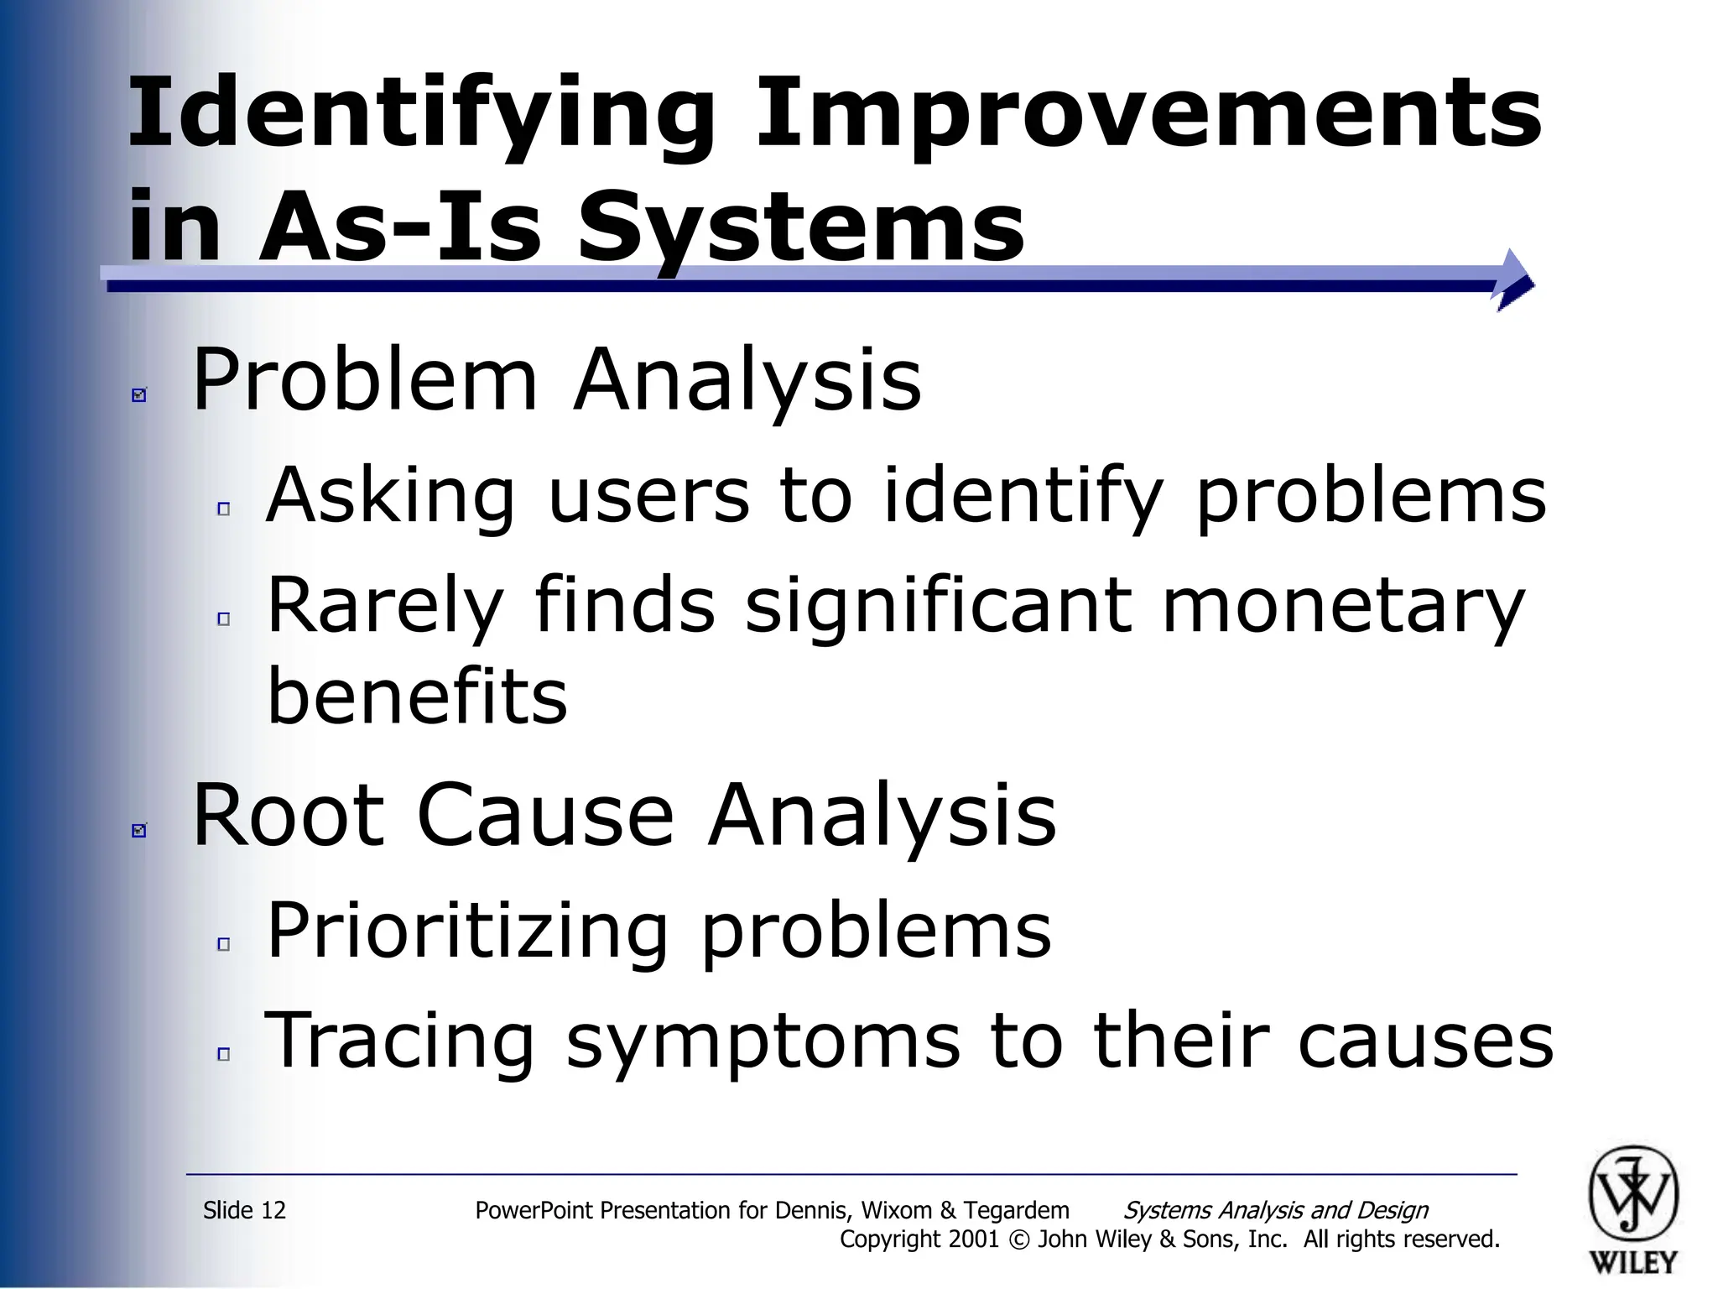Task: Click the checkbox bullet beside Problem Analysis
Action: [139, 394]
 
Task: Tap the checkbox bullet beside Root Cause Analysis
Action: [139, 830]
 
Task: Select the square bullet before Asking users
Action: [223, 509]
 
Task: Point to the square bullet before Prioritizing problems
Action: [223, 944]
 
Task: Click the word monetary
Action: [1342, 606]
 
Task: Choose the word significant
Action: [939, 606]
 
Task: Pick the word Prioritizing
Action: [467, 932]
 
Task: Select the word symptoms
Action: [763, 1041]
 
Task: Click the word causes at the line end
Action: [1425, 1041]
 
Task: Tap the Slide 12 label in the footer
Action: [244, 1210]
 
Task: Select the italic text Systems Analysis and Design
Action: [1275, 1210]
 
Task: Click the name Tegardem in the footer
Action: [1016, 1210]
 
